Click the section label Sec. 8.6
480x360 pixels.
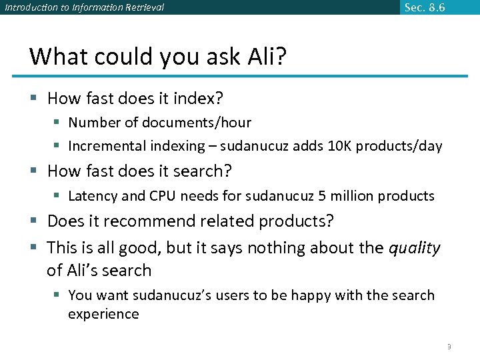(x=425, y=7)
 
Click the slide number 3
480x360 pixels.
(x=449, y=347)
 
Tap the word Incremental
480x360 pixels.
(x=109, y=146)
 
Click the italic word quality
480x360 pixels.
(x=415, y=248)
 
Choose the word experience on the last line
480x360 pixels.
(x=103, y=314)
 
